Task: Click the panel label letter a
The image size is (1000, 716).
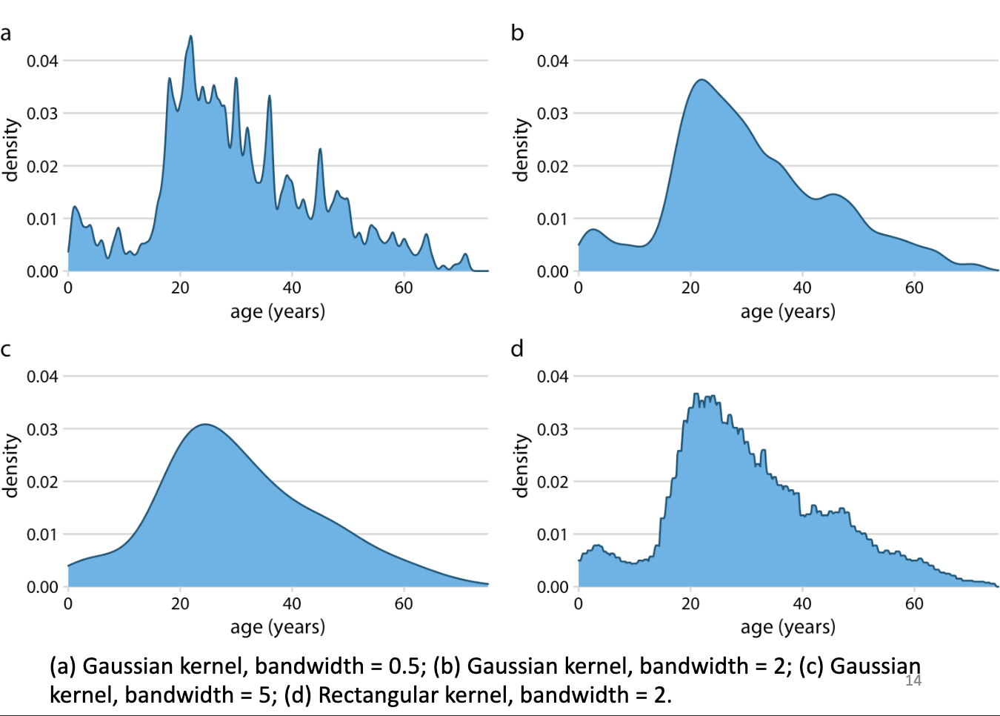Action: pos(6,34)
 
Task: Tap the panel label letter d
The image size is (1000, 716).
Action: pos(517,349)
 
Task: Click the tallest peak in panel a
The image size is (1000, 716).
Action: pos(190,36)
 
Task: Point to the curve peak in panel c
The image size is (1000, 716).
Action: pos(204,425)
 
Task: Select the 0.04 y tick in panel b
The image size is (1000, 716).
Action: pos(553,61)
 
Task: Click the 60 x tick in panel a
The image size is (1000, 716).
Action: pos(404,288)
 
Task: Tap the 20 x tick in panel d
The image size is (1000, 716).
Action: pos(690,604)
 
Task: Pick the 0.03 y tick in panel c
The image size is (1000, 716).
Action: pos(42,429)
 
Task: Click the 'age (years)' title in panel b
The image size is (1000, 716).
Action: pos(787,311)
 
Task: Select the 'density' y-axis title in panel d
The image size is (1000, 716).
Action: pos(521,465)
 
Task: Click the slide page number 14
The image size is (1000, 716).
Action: pos(913,680)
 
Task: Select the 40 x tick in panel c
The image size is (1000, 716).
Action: pos(292,604)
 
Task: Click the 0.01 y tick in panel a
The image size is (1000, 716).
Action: pos(42,219)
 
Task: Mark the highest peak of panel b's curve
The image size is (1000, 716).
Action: pos(701,80)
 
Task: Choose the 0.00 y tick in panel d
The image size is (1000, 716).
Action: pos(553,587)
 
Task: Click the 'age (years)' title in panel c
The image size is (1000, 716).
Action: pos(278,627)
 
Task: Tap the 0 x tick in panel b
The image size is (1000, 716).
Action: pos(579,288)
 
